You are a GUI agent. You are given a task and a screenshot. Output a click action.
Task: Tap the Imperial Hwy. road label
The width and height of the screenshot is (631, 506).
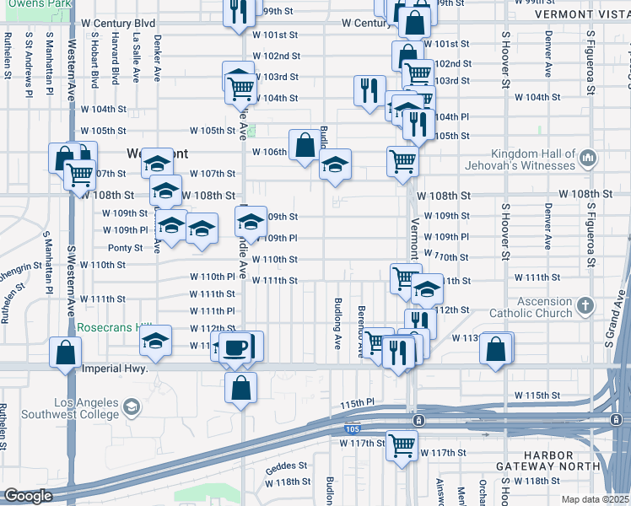tap(116, 369)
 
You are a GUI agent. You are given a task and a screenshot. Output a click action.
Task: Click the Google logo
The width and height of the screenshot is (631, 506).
tap(28, 496)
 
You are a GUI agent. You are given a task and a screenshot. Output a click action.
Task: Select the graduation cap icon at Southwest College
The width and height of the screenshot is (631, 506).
tap(131, 408)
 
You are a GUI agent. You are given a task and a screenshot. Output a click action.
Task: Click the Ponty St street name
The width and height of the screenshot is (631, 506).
tap(126, 248)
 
